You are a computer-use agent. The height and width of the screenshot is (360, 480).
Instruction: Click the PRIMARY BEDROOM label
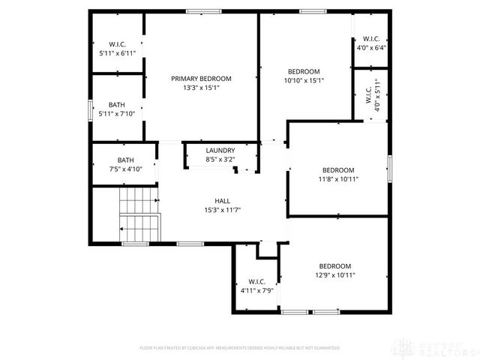[201, 78]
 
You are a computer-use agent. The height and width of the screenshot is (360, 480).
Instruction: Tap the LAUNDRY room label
[220, 150]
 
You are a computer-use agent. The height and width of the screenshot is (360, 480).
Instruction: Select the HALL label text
[223, 200]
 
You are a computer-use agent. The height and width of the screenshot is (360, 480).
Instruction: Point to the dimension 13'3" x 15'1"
[201, 88]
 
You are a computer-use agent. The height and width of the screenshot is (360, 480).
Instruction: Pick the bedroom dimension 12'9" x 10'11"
[334, 275]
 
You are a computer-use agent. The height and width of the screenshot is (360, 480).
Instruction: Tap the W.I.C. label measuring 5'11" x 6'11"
[116, 46]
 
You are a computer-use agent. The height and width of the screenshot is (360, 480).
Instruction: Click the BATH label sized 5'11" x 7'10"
[116, 105]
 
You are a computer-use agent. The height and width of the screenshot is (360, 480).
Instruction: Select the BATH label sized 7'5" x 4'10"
[125, 160]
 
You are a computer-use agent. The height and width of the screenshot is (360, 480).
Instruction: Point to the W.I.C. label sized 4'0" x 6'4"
[371, 39]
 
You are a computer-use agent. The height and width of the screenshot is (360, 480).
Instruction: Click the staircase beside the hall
[140, 213]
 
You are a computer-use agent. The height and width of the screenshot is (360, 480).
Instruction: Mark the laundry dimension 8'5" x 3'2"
[220, 159]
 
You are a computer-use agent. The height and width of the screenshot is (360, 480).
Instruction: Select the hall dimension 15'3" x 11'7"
[223, 210]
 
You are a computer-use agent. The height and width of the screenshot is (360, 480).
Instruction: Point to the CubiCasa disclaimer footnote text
[240, 348]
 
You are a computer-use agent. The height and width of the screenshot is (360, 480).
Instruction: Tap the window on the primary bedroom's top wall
[199, 11]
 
